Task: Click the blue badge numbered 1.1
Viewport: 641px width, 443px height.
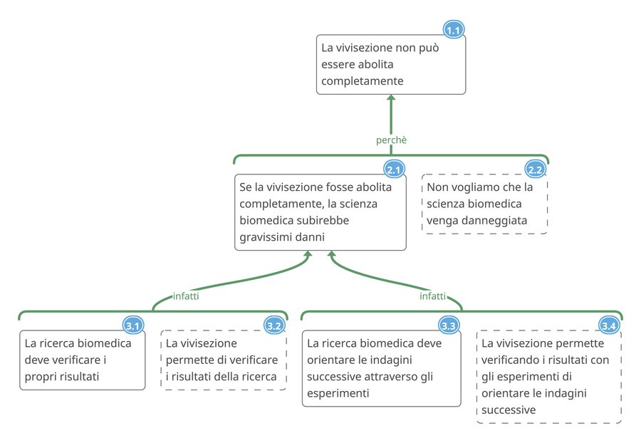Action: pos(454,30)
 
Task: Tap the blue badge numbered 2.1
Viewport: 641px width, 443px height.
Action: pos(395,170)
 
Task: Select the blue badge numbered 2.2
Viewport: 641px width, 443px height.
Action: pos(536,170)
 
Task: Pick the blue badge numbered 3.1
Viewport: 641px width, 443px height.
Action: pos(133,326)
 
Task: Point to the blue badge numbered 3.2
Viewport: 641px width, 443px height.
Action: pos(274,326)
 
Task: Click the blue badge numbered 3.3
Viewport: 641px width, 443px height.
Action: pos(449,326)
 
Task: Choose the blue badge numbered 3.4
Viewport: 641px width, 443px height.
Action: pos(609,326)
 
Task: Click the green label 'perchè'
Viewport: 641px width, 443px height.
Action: pos(391,140)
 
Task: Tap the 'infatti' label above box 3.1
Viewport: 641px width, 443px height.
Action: pos(186,296)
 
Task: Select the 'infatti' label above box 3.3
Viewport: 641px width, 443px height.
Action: pos(433,296)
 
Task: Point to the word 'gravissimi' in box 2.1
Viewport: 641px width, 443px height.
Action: pos(265,236)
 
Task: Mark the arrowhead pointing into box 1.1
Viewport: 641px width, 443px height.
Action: pos(391,100)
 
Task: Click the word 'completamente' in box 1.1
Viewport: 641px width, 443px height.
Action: pos(362,81)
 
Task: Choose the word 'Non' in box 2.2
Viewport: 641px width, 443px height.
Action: pos(437,188)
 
